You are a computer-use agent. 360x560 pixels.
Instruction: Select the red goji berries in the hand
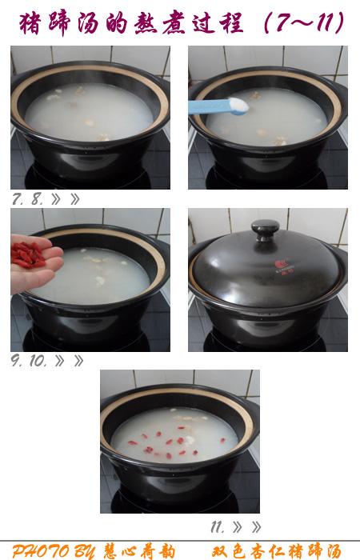tap(28, 254)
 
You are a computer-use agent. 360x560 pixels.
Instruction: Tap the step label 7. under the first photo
tap(18, 199)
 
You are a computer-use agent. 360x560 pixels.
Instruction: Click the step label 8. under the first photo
tap(38, 199)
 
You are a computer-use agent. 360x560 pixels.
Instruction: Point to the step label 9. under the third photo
tap(17, 361)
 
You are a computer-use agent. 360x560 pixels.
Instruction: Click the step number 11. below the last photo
tap(218, 526)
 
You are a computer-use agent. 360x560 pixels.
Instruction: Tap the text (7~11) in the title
tap(304, 22)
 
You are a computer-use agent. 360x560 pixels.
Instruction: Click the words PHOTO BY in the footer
tap(54, 551)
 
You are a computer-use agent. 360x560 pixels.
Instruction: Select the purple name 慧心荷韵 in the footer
tap(140, 551)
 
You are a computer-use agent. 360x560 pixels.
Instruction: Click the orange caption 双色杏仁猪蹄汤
tap(277, 551)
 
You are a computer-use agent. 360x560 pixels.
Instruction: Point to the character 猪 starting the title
tap(30, 24)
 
